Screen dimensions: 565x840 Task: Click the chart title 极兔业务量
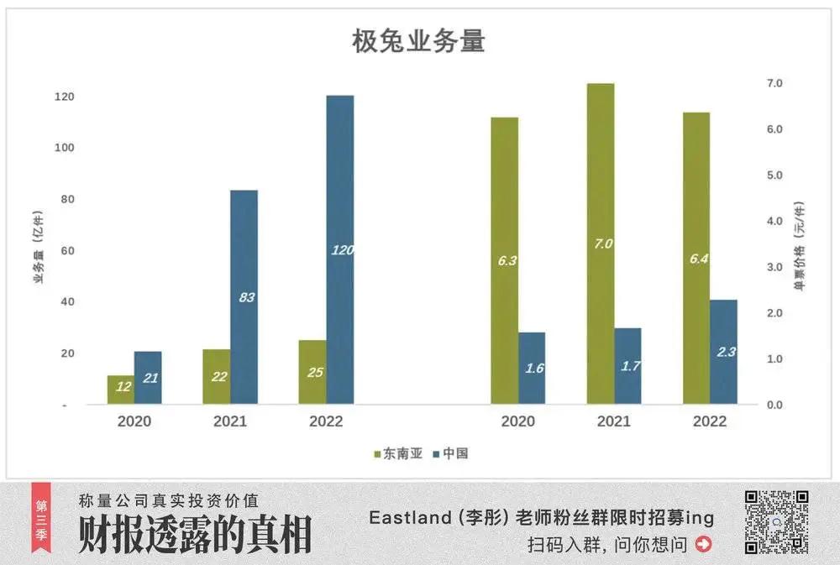click(418, 41)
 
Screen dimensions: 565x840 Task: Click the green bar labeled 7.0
click(601, 243)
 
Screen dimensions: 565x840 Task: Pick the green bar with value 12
click(121, 390)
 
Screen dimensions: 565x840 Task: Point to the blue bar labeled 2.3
click(723, 352)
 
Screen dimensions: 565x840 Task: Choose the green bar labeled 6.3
click(505, 260)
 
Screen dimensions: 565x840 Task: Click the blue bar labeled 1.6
click(532, 368)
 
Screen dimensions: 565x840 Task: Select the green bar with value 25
click(312, 372)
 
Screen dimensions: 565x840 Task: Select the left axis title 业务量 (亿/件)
click(39, 250)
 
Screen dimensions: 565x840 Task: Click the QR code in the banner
click(776, 522)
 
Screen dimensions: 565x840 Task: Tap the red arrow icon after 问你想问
click(703, 545)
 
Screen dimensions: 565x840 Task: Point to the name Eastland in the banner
click(410, 518)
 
